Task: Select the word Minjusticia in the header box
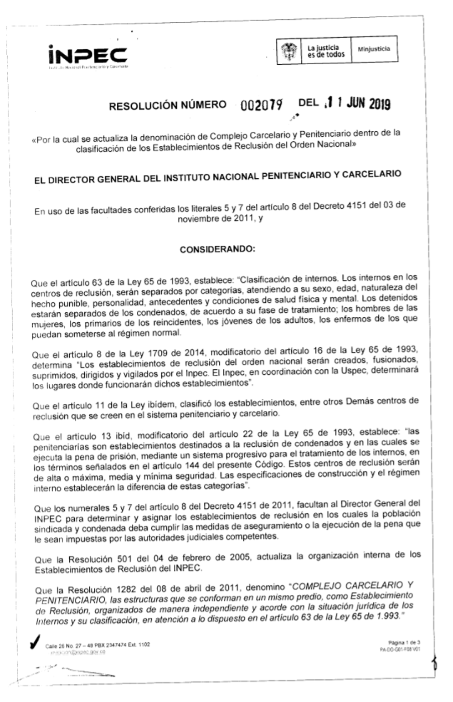(x=374, y=49)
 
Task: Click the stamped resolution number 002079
(x=262, y=105)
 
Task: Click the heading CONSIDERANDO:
(x=217, y=249)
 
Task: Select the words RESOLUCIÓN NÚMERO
(x=168, y=105)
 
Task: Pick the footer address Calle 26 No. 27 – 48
(x=68, y=645)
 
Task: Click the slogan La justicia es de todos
(x=326, y=51)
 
